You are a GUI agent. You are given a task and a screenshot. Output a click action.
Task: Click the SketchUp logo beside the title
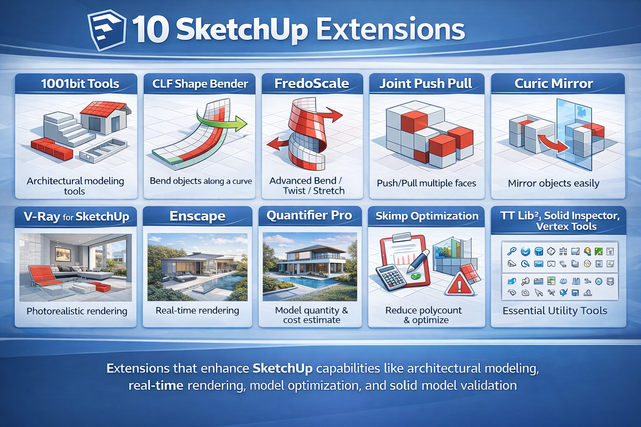(107, 30)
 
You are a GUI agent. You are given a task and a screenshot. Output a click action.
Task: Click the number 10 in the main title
(150, 30)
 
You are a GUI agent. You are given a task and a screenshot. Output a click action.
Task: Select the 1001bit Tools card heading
(80, 84)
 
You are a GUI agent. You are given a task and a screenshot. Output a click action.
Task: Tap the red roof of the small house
(106, 109)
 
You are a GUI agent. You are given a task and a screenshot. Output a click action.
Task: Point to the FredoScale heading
(311, 83)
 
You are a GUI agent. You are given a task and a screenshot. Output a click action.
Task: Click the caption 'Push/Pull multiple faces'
(426, 183)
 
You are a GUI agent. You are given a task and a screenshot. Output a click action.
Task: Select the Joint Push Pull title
(426, 83)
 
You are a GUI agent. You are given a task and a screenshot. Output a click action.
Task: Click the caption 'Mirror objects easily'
(553, 183)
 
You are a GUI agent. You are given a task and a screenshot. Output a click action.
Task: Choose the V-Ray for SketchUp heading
(76, 217)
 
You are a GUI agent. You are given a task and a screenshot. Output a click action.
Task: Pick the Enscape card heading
(197, 216)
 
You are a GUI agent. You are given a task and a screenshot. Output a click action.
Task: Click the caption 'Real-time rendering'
(197, 311)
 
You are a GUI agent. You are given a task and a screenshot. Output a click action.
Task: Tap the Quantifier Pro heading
(309, 216)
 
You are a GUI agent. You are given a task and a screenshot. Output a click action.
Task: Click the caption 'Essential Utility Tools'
(555, 311)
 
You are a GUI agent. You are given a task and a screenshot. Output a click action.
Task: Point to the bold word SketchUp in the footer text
(283, 369)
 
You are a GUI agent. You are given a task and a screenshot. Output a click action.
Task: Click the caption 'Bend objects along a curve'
(201, 181)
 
